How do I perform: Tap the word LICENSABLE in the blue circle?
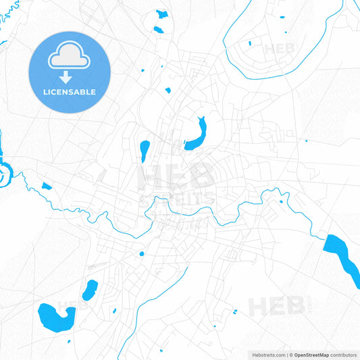pos(70,92)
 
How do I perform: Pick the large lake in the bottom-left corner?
pos(54,315)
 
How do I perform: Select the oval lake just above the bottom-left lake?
pos(90,290)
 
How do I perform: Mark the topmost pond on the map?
pos(161,14)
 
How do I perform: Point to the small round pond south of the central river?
pos(141,254)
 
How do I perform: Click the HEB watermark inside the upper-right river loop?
pos(279,49)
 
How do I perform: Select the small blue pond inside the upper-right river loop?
pos(249,44)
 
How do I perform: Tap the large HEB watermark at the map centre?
pos(177,178)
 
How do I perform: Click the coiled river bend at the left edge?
pos(3,173)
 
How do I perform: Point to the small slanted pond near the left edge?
pos(46,186)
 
